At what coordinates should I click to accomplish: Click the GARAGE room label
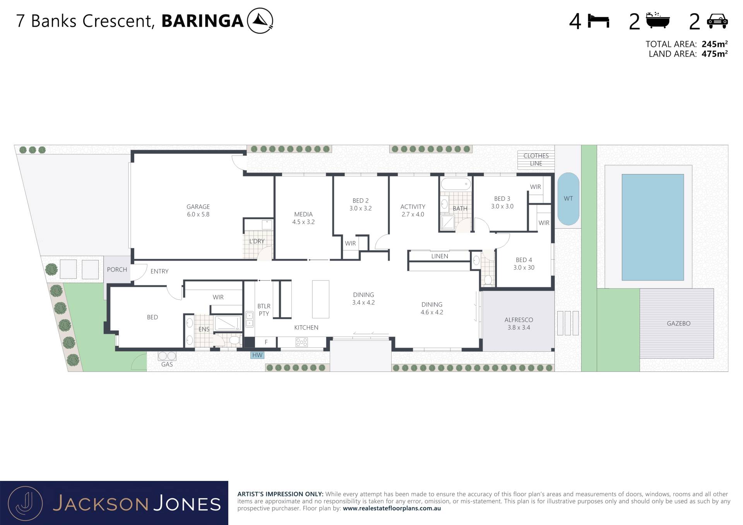(198, 207)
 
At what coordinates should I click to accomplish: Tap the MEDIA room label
(303, 214)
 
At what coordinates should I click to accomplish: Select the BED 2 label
(361, 201)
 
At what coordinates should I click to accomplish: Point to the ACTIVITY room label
(413, 207)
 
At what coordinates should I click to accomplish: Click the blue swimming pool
(653, 227)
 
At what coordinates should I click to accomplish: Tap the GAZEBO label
(679, 323)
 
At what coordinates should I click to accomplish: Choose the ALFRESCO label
(519, 320)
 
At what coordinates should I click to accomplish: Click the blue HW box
(257, 355)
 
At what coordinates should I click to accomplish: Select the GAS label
(167, 364)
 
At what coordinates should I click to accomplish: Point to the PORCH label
(117, 270)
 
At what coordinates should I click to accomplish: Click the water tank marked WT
(568, 199)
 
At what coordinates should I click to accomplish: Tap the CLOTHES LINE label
(536, 160)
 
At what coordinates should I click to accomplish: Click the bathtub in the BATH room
(456, 184)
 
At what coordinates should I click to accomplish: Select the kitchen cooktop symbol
(301, 342)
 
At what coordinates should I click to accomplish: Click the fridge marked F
(266, 342)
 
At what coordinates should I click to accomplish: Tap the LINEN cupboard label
(440, 256)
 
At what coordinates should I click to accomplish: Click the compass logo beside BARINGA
(260, 21)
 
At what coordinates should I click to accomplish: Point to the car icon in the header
(717, 21)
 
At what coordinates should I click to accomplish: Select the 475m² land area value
(715, 54)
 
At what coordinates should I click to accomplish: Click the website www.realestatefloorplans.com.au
(392, 508)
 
